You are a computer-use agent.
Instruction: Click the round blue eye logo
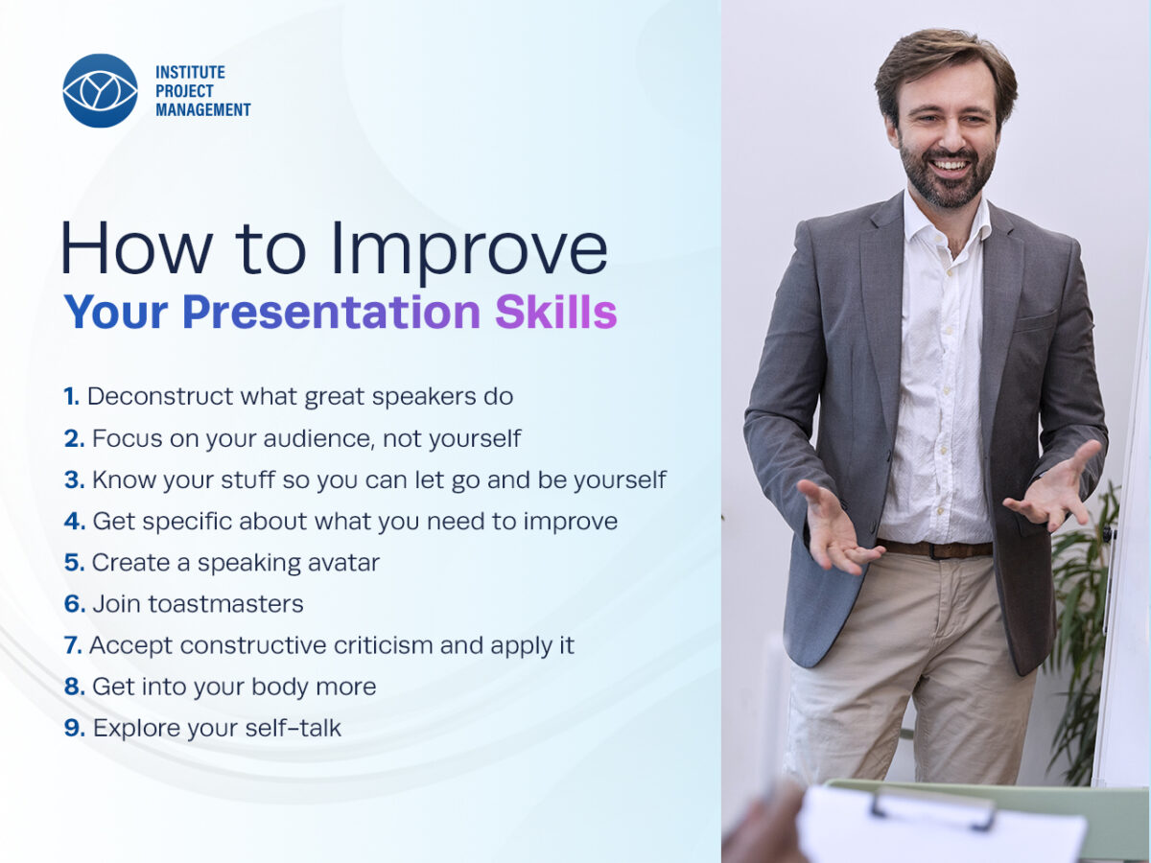click(100, 91)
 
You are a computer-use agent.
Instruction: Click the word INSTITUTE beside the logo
click(190, 72)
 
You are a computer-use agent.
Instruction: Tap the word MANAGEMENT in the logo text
click(203, 110)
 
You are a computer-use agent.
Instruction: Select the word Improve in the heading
click(469, 249)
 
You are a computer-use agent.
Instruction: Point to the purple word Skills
click(555, 313)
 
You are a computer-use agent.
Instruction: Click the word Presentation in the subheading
click(332, 313)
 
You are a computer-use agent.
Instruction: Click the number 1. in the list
click(71, 397)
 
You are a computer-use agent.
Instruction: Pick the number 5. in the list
click(75, 563)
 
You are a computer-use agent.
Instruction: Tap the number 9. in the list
click(75, 729)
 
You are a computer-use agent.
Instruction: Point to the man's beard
click(947, 175)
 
